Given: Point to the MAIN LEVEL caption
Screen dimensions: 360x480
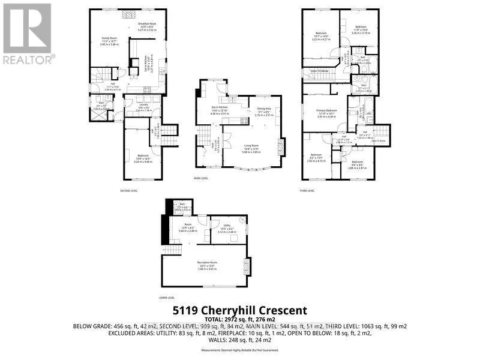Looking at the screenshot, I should point(201,178).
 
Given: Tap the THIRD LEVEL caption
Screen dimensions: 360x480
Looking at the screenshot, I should point(308,191).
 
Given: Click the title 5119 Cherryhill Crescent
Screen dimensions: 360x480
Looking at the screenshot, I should point(240,310).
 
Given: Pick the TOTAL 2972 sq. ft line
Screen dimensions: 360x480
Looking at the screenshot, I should point(240,319).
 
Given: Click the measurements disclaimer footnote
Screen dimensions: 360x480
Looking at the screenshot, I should point(240,350).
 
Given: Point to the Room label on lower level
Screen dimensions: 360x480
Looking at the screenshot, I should point(187,226).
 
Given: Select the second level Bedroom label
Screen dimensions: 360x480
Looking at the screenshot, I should point(143,157).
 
